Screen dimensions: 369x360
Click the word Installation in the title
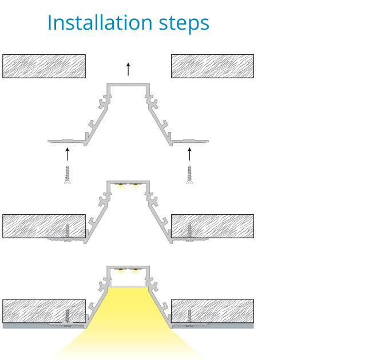pyautogui.click(x=100, y=22)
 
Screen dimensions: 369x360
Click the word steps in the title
pyautogui.click(x=184, y=24)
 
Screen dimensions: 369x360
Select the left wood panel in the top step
pyautogui.click(x=44, y=66)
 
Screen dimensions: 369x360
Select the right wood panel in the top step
pyautogui.click(x=212, y=66)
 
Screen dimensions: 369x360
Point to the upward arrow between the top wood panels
pyautogui.click(x=128, y=69)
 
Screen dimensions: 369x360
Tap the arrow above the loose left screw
pyautogui.click(x=68, y=154)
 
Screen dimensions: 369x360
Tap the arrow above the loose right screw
pyautogui.click(x=190, y=154)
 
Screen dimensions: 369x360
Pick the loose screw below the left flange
pyautogui.click(x=68, y=174)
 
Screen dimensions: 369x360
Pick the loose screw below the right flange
pyautogui.click(x=190, y=174)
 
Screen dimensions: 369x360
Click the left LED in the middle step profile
pyautogui.click(x=121, y=186)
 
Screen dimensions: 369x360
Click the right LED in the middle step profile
pyautogui.click(x=136, y=186)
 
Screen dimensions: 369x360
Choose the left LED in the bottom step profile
pyautogui.click(x=121, y=271)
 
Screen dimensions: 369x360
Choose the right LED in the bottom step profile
pyautogui.click(x=136, y=271)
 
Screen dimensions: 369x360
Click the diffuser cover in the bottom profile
pyautogui.click(x=128, y=286)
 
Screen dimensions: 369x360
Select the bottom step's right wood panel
pyautogui.click(x=212, y=311)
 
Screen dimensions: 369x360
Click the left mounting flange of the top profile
pyautogui.click(x=66, y=142)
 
